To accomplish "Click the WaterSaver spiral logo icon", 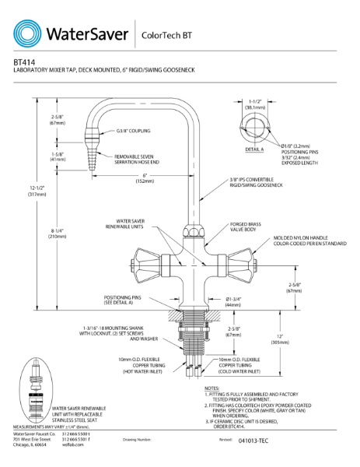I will (29, 33).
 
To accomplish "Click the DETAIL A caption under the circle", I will (253, 148).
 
